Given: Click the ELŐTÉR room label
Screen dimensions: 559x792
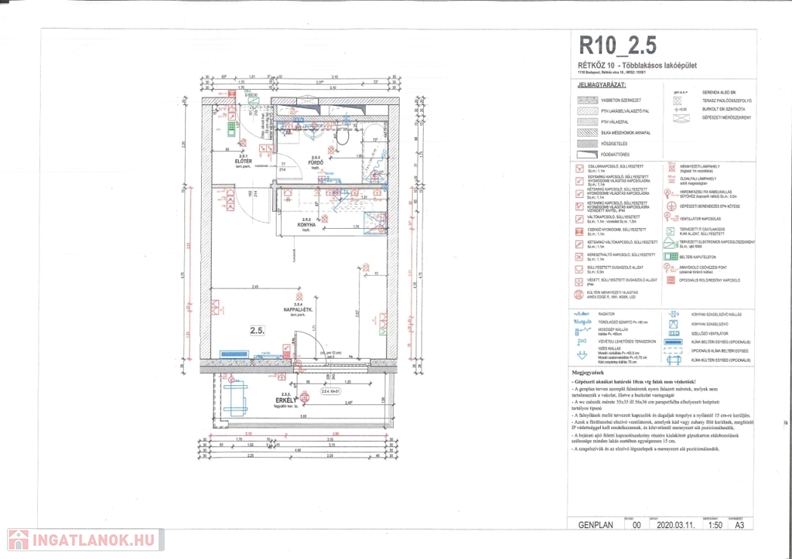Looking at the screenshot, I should pos(246,160).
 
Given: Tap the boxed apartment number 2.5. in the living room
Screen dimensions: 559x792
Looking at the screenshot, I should pos(235,330).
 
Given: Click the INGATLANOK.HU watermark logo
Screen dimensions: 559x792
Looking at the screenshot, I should pos(81,539).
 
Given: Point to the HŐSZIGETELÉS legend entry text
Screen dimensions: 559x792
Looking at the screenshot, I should pos(615,143).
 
